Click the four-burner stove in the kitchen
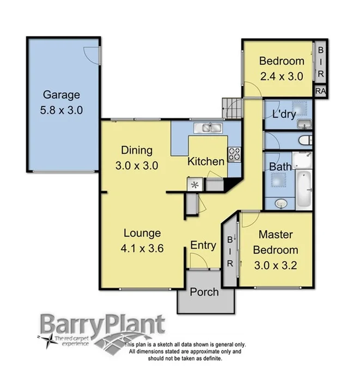tap(234, 154)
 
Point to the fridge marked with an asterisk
tap(194, 185)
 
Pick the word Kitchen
tap(206, 162)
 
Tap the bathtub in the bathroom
tap(303, 189)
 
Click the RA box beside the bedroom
tap(320, 91)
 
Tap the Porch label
tap(204, 292)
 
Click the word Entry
tap(203, 245)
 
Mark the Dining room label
tap(137, 150)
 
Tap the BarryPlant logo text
tap(101, 325)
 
